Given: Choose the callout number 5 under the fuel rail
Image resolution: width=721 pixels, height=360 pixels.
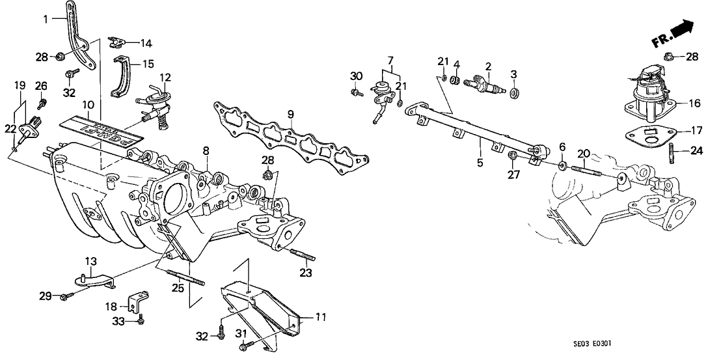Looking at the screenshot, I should point(480,163).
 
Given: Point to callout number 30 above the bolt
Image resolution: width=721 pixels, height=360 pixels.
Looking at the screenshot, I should point(355,76).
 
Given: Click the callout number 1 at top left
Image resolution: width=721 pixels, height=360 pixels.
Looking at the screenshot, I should point(46,18).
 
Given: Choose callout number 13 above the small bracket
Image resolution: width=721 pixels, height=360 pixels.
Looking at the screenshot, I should point(90,260).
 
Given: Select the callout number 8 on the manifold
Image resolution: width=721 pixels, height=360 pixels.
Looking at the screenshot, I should point(205,151).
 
